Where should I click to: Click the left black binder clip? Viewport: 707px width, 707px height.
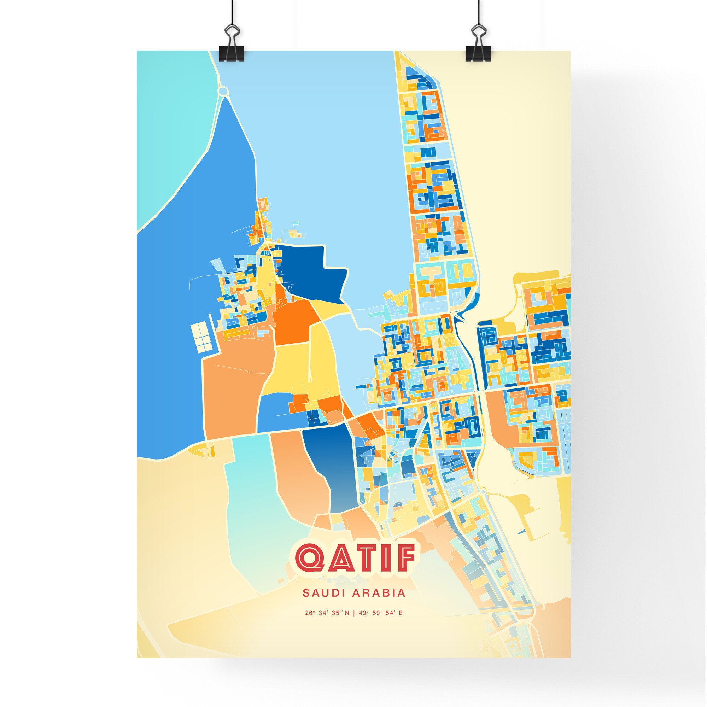click(x=232, y=49)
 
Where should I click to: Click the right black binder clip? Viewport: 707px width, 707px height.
click(x=479, y=49)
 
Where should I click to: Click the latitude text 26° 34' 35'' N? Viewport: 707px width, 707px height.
click(x=327, y=623)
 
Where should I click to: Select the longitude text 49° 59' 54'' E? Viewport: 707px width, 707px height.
click(x=381, y=623)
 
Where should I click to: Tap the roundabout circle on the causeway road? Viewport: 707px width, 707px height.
click(x=222, y=90)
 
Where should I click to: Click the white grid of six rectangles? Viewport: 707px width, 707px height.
click(x=201, y=336)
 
